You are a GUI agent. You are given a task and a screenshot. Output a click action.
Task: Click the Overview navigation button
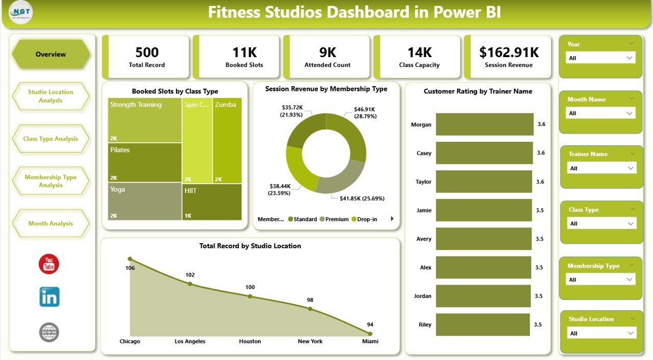pos(51,54)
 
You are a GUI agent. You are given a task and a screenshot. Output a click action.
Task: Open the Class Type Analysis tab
pos(51,139)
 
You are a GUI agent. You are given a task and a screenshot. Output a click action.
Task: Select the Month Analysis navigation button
pos(51,223)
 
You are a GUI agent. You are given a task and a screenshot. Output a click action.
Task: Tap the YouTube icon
pos(49,264)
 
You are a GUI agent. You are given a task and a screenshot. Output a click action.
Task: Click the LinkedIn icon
pos(49,297)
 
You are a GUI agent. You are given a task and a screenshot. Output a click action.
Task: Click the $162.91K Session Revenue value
pos(509,52)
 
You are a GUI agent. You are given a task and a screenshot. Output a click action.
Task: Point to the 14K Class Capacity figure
pos(419,52)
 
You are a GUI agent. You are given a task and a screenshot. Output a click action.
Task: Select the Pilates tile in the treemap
pos(145,162)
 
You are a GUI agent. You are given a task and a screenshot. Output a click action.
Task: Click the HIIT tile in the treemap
pos(212,201)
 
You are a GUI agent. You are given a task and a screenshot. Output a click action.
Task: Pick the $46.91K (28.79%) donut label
pos(366,112)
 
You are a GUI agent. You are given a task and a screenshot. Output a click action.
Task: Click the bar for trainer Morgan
pos(484,124)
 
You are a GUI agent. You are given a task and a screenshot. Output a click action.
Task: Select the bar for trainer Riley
pos(484,324)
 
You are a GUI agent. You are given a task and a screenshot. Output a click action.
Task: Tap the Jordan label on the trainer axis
pos(423,296)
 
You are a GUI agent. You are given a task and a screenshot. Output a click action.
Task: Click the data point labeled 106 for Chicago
pos(130,259)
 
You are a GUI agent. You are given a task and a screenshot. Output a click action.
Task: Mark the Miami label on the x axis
pos(370,341)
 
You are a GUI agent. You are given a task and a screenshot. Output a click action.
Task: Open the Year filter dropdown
pos(601,58)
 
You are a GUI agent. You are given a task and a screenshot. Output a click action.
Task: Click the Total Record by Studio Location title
pos(250,246)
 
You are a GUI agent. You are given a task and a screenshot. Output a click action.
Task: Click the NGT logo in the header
pos(21,11)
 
